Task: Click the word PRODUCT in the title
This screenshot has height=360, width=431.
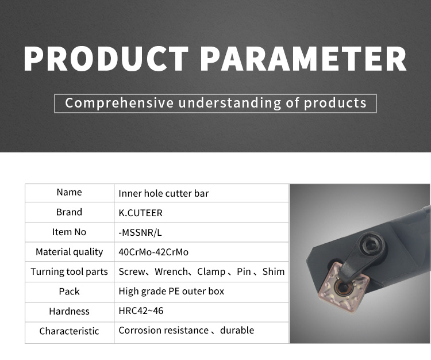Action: (106, 59)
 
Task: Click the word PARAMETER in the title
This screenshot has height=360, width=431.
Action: (303, 59)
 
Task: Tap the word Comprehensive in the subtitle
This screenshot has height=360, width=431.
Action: (120, 103)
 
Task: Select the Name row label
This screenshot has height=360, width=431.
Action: (70, 192)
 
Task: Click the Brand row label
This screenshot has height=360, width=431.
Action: (69, 212)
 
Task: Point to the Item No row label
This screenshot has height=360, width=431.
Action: (70, 232)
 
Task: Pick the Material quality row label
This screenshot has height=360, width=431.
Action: (70, 252)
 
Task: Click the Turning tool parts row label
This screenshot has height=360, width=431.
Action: (70, 271)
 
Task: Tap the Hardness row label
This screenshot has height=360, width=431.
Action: (70, 311)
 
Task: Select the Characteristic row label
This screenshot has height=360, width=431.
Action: (70, 331)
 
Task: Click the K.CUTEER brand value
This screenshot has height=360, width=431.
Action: (140, 213)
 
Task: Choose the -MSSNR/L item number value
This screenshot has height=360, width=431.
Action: (140, 233)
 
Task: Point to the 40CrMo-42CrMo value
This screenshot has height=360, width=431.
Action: (153, 252)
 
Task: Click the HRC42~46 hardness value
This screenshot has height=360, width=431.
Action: (141, 311)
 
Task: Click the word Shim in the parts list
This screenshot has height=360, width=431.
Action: (274, 271)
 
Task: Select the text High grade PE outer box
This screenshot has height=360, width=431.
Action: (171, 291)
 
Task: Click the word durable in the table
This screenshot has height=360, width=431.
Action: (237, 330)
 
